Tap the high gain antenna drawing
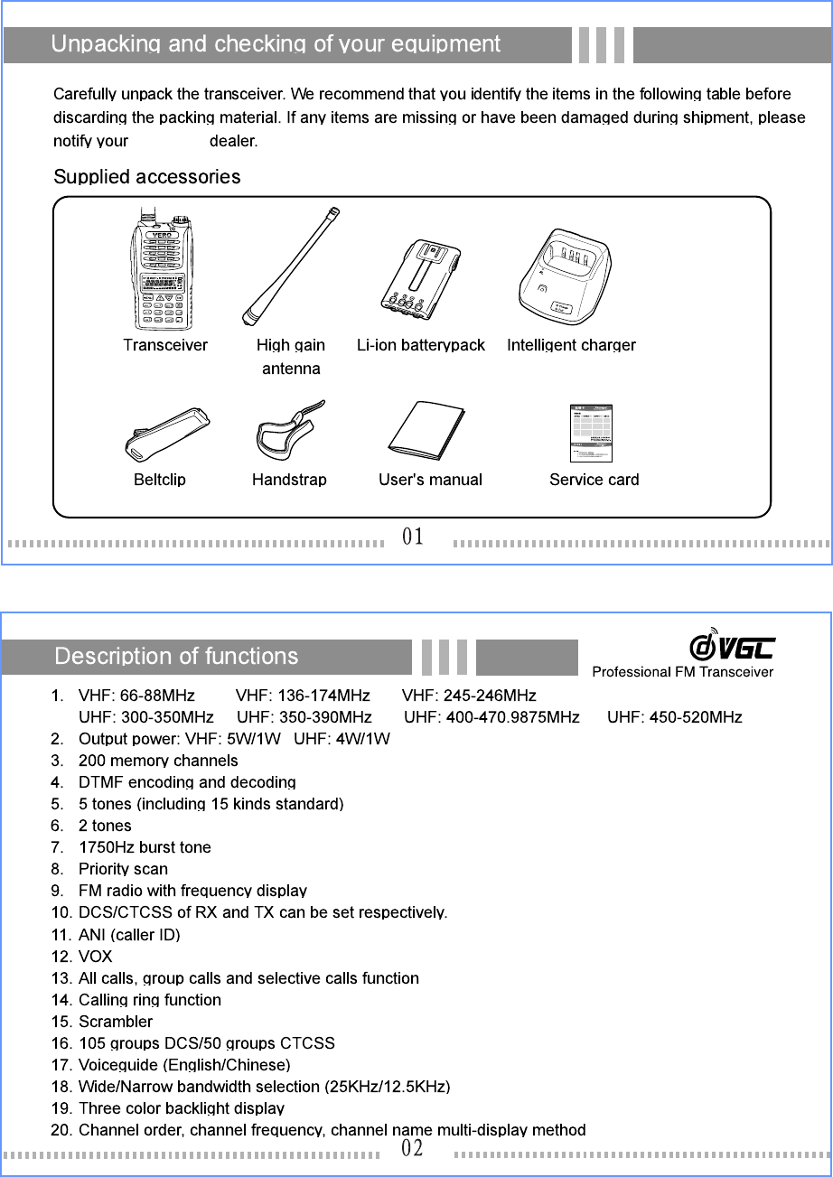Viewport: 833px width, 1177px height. click(x=291, y=266)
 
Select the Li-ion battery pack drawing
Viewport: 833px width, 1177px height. click(x=420, y=279)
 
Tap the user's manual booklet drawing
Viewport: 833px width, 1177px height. click(x=426, y=431)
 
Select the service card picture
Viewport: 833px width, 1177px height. click(x=592, y=433)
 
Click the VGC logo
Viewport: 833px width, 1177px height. click(x=732, y=645)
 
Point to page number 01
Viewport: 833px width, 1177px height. click(x=413, y=537)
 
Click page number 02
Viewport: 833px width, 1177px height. click(x=413, y=1148)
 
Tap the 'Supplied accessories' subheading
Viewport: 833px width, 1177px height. click(x=147, y=176)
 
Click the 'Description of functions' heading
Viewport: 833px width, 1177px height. click(x=176, y=656)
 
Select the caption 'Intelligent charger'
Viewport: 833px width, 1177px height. click(x=571, y=345)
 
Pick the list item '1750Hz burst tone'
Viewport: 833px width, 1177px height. click(x=145, y=847)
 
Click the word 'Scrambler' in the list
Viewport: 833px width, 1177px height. click(x=116, y=1022)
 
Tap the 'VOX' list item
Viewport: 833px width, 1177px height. click(x=96, y=957)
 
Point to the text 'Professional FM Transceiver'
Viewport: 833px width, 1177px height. click(x=682, y=671)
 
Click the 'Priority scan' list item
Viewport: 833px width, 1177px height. click(x=123, y=869)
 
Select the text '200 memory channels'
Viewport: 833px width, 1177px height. click(x=158, y=761)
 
